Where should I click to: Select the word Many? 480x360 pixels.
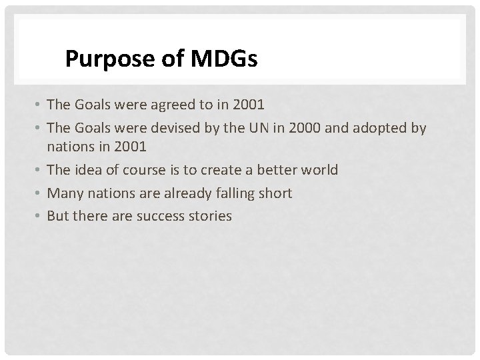pos(63,193)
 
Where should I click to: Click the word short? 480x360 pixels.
pos(274,193)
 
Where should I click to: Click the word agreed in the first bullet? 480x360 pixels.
pos(167,105)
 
